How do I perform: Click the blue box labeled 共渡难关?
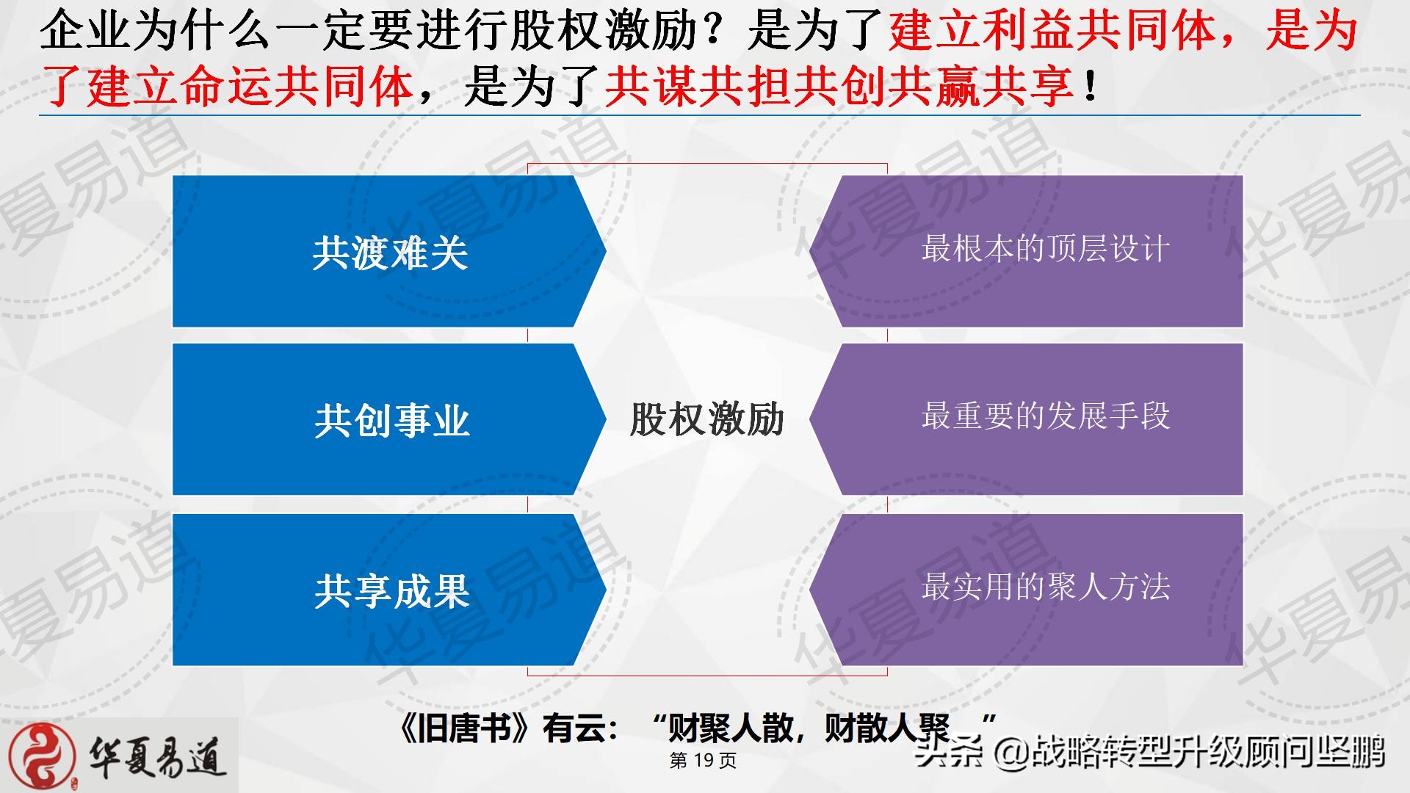pyautogui.click(x=389, y=251)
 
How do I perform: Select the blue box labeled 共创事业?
pyautogui.click(x=389, y=419)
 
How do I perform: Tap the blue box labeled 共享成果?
pyautogui.click(x=389, y=590)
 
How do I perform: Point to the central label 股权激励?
pyautogui.click(x=707, y=419)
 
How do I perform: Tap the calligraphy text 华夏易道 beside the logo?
pyautogui.click(x=157, y=757)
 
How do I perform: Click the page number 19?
pyautogui.click(x=704, y=761)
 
